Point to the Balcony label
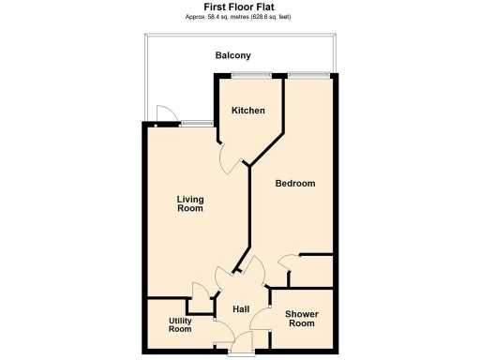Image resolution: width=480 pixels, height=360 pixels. click(232, 55)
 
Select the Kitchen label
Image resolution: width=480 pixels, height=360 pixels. click(248, 111)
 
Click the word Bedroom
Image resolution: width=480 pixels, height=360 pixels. click(294, 183)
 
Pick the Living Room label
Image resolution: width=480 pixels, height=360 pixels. click(190, 203)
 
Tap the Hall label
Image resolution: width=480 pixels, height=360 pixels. click(241, 309)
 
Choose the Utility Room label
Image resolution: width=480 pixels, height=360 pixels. click(180, 324)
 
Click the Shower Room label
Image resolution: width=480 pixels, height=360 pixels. click(301, 318)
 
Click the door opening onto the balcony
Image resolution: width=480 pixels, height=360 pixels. click(165, 114)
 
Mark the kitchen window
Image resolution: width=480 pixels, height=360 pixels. click(251, 74)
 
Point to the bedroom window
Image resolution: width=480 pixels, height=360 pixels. click(307, 74)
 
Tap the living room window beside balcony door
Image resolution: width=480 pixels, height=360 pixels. click(195, 123)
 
